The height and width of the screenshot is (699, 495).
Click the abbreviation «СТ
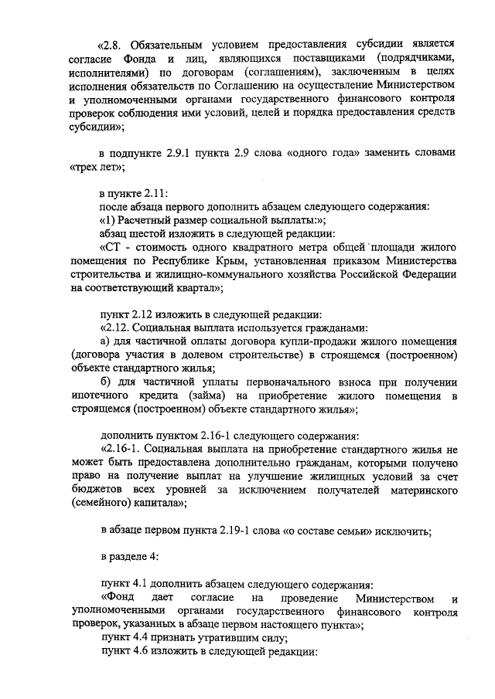(x=111, y=246)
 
